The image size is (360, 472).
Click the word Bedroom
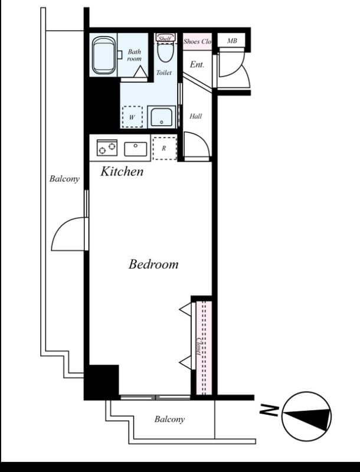153,264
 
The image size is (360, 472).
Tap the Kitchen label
122,172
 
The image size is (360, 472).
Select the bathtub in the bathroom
104,55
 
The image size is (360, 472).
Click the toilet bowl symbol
165,54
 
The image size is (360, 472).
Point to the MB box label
232,41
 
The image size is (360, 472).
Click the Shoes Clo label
197,41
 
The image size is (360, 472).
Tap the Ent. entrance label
197,64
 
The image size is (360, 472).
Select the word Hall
195,116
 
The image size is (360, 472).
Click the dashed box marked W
132,117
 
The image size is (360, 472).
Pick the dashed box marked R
164,148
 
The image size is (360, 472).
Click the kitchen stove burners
107,147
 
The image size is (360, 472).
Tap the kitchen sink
136,149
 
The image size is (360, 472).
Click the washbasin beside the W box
161,117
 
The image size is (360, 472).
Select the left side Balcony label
64,179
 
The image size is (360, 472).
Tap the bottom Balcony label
169,419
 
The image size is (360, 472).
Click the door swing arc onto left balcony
69,233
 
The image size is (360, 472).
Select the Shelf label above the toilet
165,38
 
